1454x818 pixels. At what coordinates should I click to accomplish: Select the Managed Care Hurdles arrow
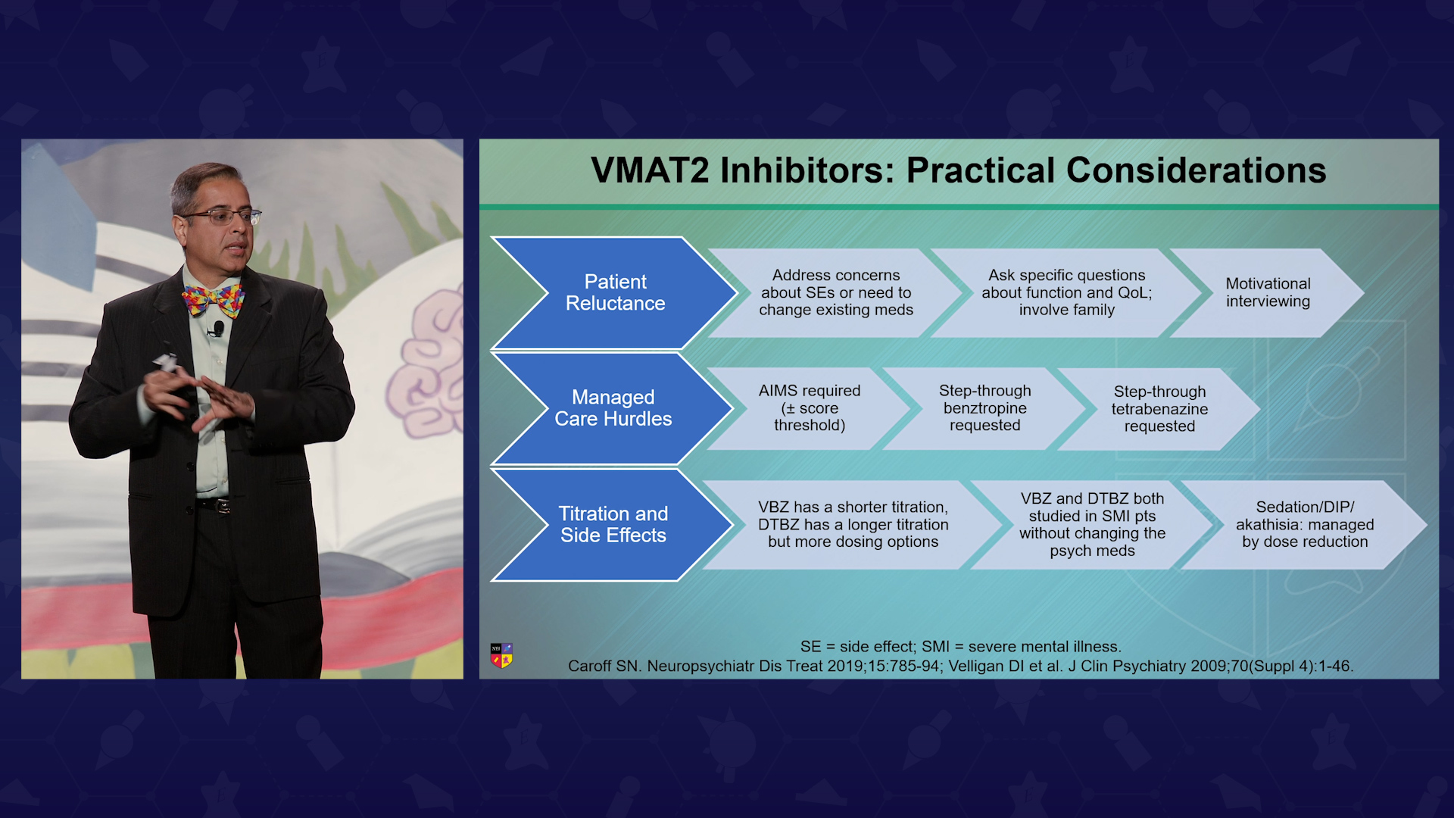(613, 408)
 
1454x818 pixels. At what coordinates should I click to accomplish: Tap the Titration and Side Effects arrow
(613, 525)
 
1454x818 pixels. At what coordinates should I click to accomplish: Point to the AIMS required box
(810, 408)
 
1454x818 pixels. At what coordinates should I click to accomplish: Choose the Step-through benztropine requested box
(984, 408)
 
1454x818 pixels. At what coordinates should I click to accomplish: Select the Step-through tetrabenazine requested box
(1159, 409)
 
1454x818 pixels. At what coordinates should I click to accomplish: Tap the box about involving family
(1066, 292)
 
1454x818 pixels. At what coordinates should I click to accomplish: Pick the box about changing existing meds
(836, 292)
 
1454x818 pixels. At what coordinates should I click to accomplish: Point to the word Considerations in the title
(1196, 170)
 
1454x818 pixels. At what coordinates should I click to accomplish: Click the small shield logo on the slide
(501, 655)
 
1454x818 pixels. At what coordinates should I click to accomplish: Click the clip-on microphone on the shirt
(218, 329)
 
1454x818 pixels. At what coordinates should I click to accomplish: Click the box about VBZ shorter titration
(853, 524)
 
